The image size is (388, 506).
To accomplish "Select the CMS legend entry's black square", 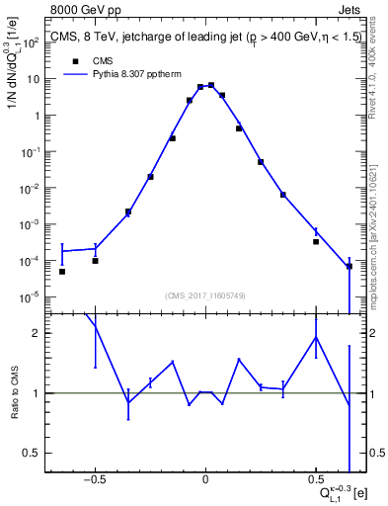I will (x=74, y=59).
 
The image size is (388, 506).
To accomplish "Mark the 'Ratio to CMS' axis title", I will (x=14, y=393).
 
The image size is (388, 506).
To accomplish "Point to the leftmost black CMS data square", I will (x=61, y=272).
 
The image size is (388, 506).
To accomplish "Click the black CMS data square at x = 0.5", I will (x=316, y=241).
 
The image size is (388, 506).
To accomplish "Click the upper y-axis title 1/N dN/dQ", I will (x=14, y=59).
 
